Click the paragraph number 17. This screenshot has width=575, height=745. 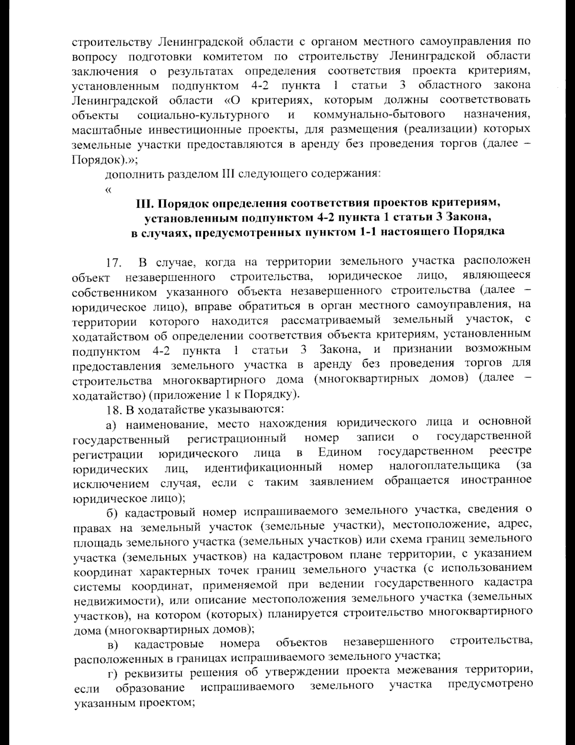click(114, 263)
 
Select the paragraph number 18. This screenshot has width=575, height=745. click(115, 410)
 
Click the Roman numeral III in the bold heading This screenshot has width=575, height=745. click(144, 203)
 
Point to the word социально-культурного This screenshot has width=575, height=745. click(203, 115)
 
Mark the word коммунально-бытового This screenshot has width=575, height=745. click(379, 115)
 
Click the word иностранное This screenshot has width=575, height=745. click(496, 480)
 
